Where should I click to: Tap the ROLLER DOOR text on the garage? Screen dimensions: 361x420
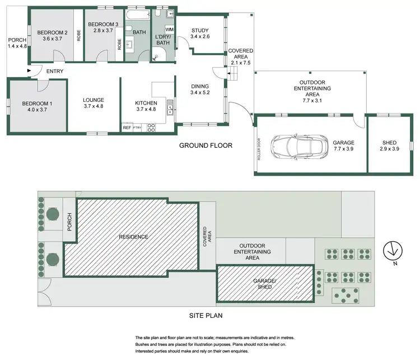pos(259,149)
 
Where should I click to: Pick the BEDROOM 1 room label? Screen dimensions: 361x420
pos(37,104)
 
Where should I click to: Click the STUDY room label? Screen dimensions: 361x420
pos(200,31)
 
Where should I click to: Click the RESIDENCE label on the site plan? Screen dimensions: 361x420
pos(133,237)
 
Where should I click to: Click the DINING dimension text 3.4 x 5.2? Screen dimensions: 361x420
pos(200,93)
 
